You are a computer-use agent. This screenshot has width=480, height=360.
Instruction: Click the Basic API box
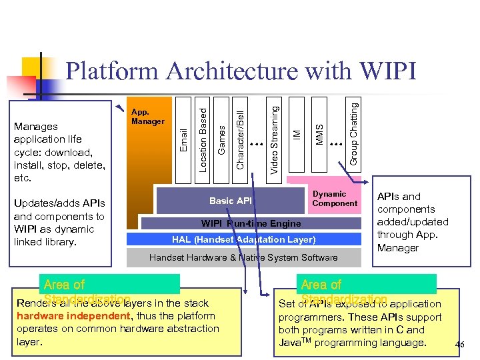[231, 201]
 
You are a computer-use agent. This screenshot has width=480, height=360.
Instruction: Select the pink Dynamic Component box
[330, 199]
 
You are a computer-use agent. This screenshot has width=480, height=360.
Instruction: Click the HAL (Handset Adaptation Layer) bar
[243, 239]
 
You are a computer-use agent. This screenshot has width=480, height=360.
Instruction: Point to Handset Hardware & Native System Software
[243, 257]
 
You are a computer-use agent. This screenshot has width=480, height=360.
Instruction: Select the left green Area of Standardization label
[110, 285]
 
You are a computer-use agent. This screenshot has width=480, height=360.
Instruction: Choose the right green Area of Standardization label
[368, 285]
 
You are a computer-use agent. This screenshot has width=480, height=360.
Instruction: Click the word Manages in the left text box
[35, 126]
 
